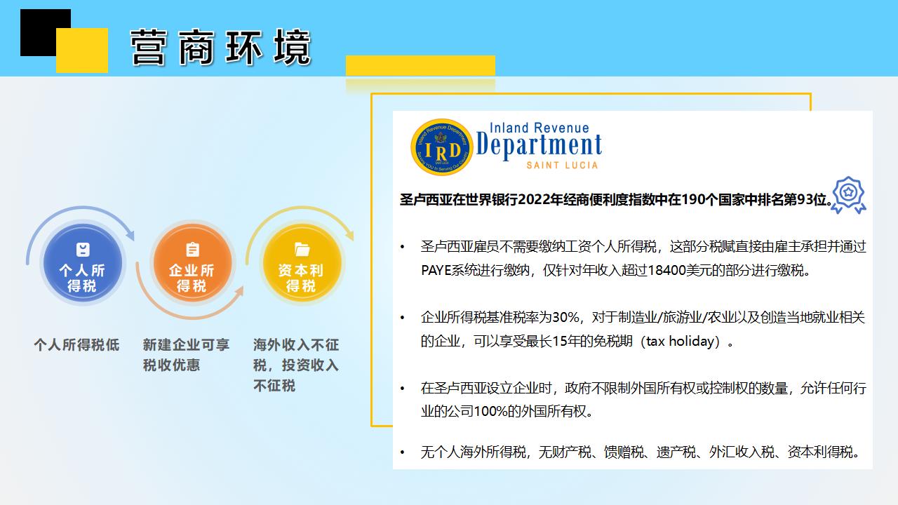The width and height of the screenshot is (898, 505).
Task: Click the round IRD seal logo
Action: coord(442,147)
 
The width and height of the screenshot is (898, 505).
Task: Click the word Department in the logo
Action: coord(539,145)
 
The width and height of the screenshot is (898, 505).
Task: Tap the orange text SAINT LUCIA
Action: coord(562,165)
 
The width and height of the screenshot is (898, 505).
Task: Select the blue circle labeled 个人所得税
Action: coord(83,262)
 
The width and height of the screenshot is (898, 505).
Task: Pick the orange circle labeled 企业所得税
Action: coord(192,262)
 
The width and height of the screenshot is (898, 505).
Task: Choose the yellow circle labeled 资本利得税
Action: coord(302,262)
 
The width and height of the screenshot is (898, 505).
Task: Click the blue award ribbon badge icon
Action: coord(848,195)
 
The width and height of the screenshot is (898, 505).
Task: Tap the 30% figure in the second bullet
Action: coord(565,318)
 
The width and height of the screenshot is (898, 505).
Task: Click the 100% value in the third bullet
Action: coord(490,411)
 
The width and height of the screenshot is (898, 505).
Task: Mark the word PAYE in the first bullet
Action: coord(436,271)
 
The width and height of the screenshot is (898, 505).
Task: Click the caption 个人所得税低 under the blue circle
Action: coord(76,344)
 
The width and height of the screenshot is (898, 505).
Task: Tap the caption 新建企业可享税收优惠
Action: coord(186,355)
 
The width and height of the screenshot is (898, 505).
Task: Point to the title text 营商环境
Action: coord(221,48)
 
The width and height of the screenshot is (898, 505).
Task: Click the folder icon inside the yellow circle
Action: coord(302,249)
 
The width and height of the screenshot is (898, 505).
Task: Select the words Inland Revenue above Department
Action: coord(540,128)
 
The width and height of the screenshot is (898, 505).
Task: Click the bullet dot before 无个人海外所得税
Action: coord(402,452)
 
